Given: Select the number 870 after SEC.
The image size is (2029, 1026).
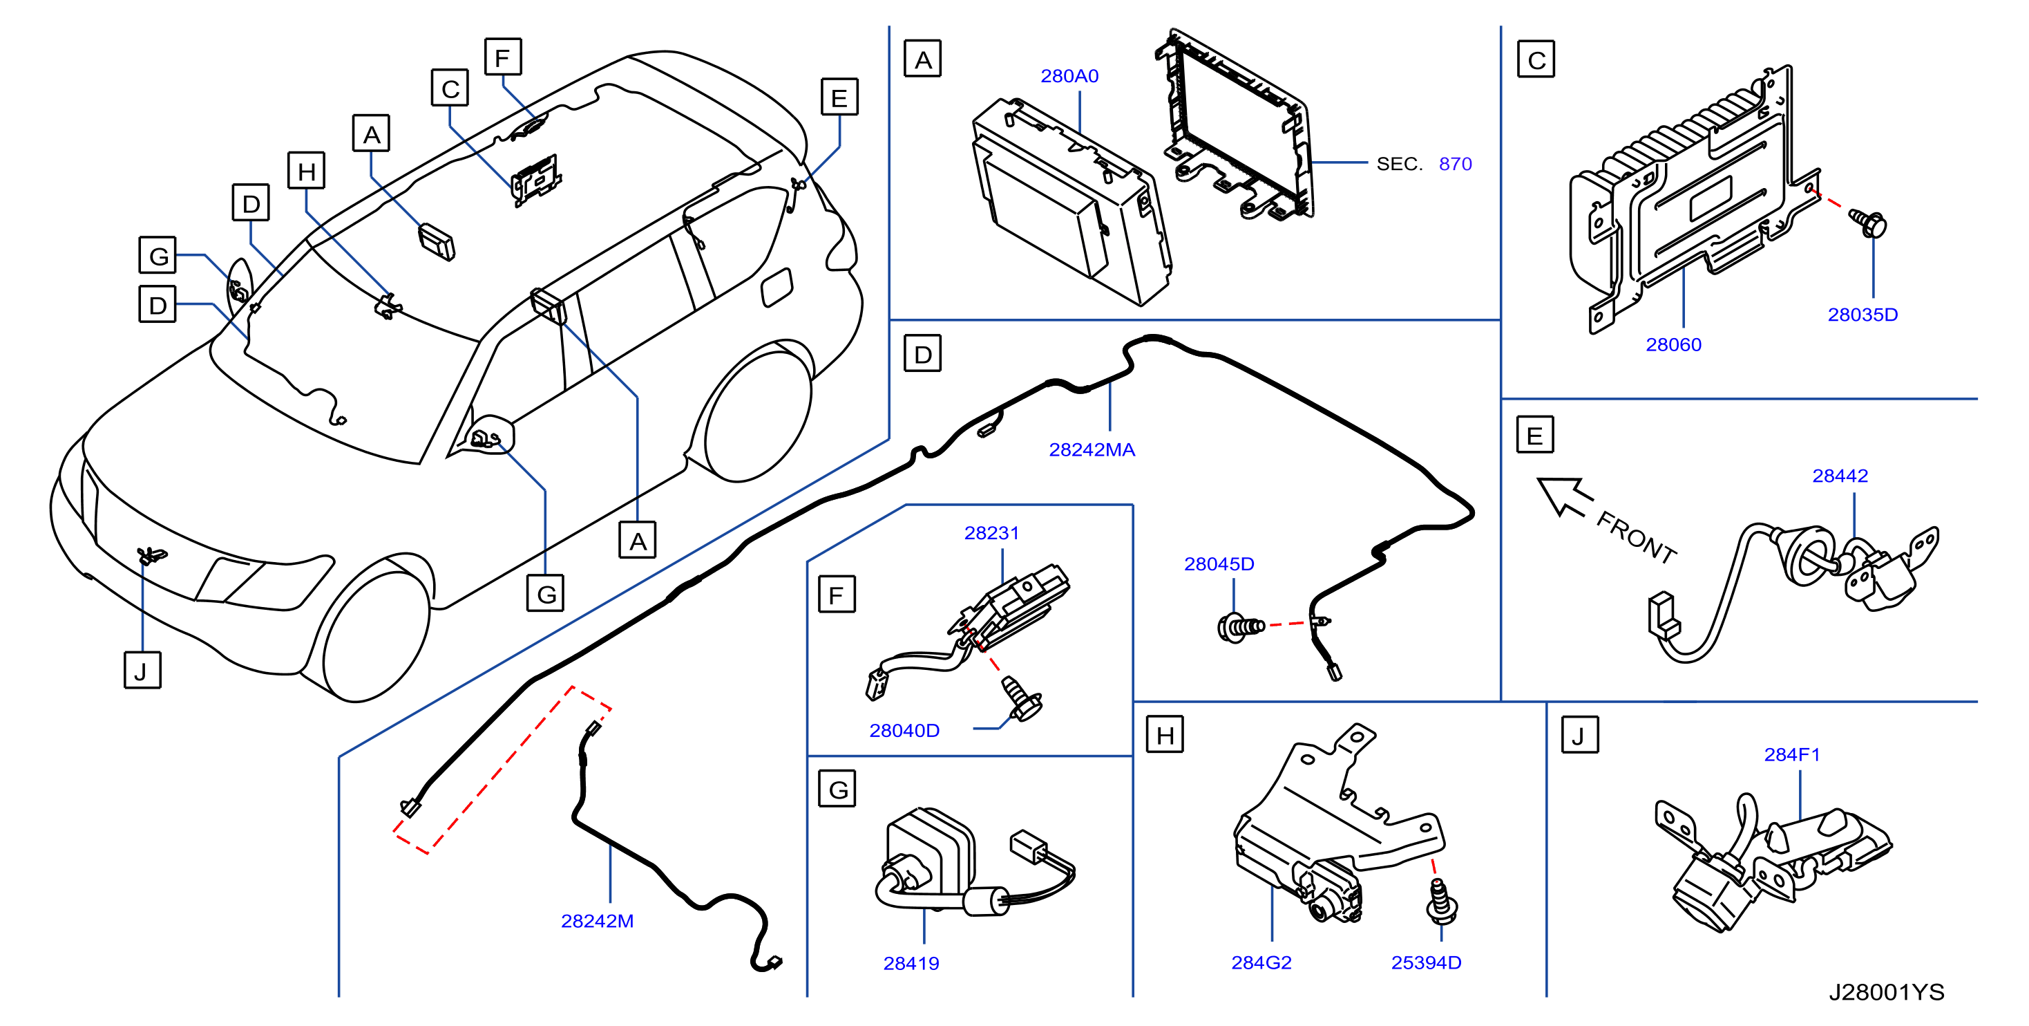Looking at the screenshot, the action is (1455, 164).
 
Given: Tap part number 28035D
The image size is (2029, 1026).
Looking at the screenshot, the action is (1862, 315).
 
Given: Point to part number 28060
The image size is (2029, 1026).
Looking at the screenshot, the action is (1673, 344).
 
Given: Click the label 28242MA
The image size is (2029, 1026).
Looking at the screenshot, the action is (1092, 449).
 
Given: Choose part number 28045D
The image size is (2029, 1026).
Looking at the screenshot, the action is (1219, 563).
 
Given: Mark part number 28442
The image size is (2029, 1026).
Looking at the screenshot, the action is (1839, 475).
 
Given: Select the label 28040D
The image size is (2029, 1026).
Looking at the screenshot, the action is (904, 731).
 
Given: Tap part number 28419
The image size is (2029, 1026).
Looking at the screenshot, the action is (911, 963).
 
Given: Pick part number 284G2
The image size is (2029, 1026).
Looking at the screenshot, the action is (1261, 962).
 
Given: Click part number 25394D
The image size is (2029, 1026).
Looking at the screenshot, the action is (1426, 962).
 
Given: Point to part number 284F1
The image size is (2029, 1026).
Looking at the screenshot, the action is (1792, 754).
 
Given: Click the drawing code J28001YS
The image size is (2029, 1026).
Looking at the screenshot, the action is (1887, 992).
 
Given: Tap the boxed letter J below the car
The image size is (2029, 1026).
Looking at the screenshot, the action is (142, 670).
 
